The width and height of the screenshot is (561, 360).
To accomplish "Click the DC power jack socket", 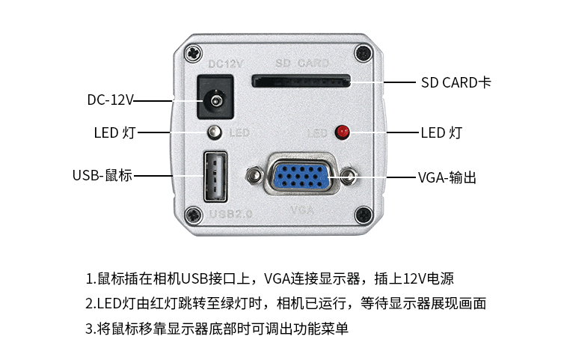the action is click(x=215, y=99).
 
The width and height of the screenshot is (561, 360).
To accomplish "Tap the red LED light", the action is click(x=343, y=132).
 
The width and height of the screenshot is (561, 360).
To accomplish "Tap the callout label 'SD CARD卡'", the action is click(x=456, y=82).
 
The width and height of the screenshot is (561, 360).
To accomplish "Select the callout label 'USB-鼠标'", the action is click(x=102, y=176).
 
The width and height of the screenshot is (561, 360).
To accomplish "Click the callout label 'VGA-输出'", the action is click(x=447, y=178).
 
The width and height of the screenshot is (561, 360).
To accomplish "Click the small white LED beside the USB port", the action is click(x=215, y=132).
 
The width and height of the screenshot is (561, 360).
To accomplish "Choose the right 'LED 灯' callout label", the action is click(x=441, y=133).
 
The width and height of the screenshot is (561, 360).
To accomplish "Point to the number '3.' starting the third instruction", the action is click(x=91, y=328).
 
